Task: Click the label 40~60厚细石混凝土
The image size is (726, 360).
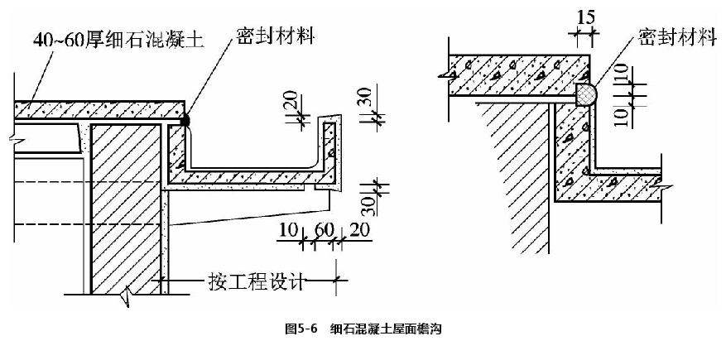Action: coord(124,38)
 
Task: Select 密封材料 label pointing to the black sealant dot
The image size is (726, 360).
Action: coord(273,36)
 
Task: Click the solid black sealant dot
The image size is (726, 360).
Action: coord(185,120)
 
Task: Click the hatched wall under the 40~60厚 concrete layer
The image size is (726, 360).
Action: coord(124,207)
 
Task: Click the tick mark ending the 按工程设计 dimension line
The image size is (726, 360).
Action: coord(335,283)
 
